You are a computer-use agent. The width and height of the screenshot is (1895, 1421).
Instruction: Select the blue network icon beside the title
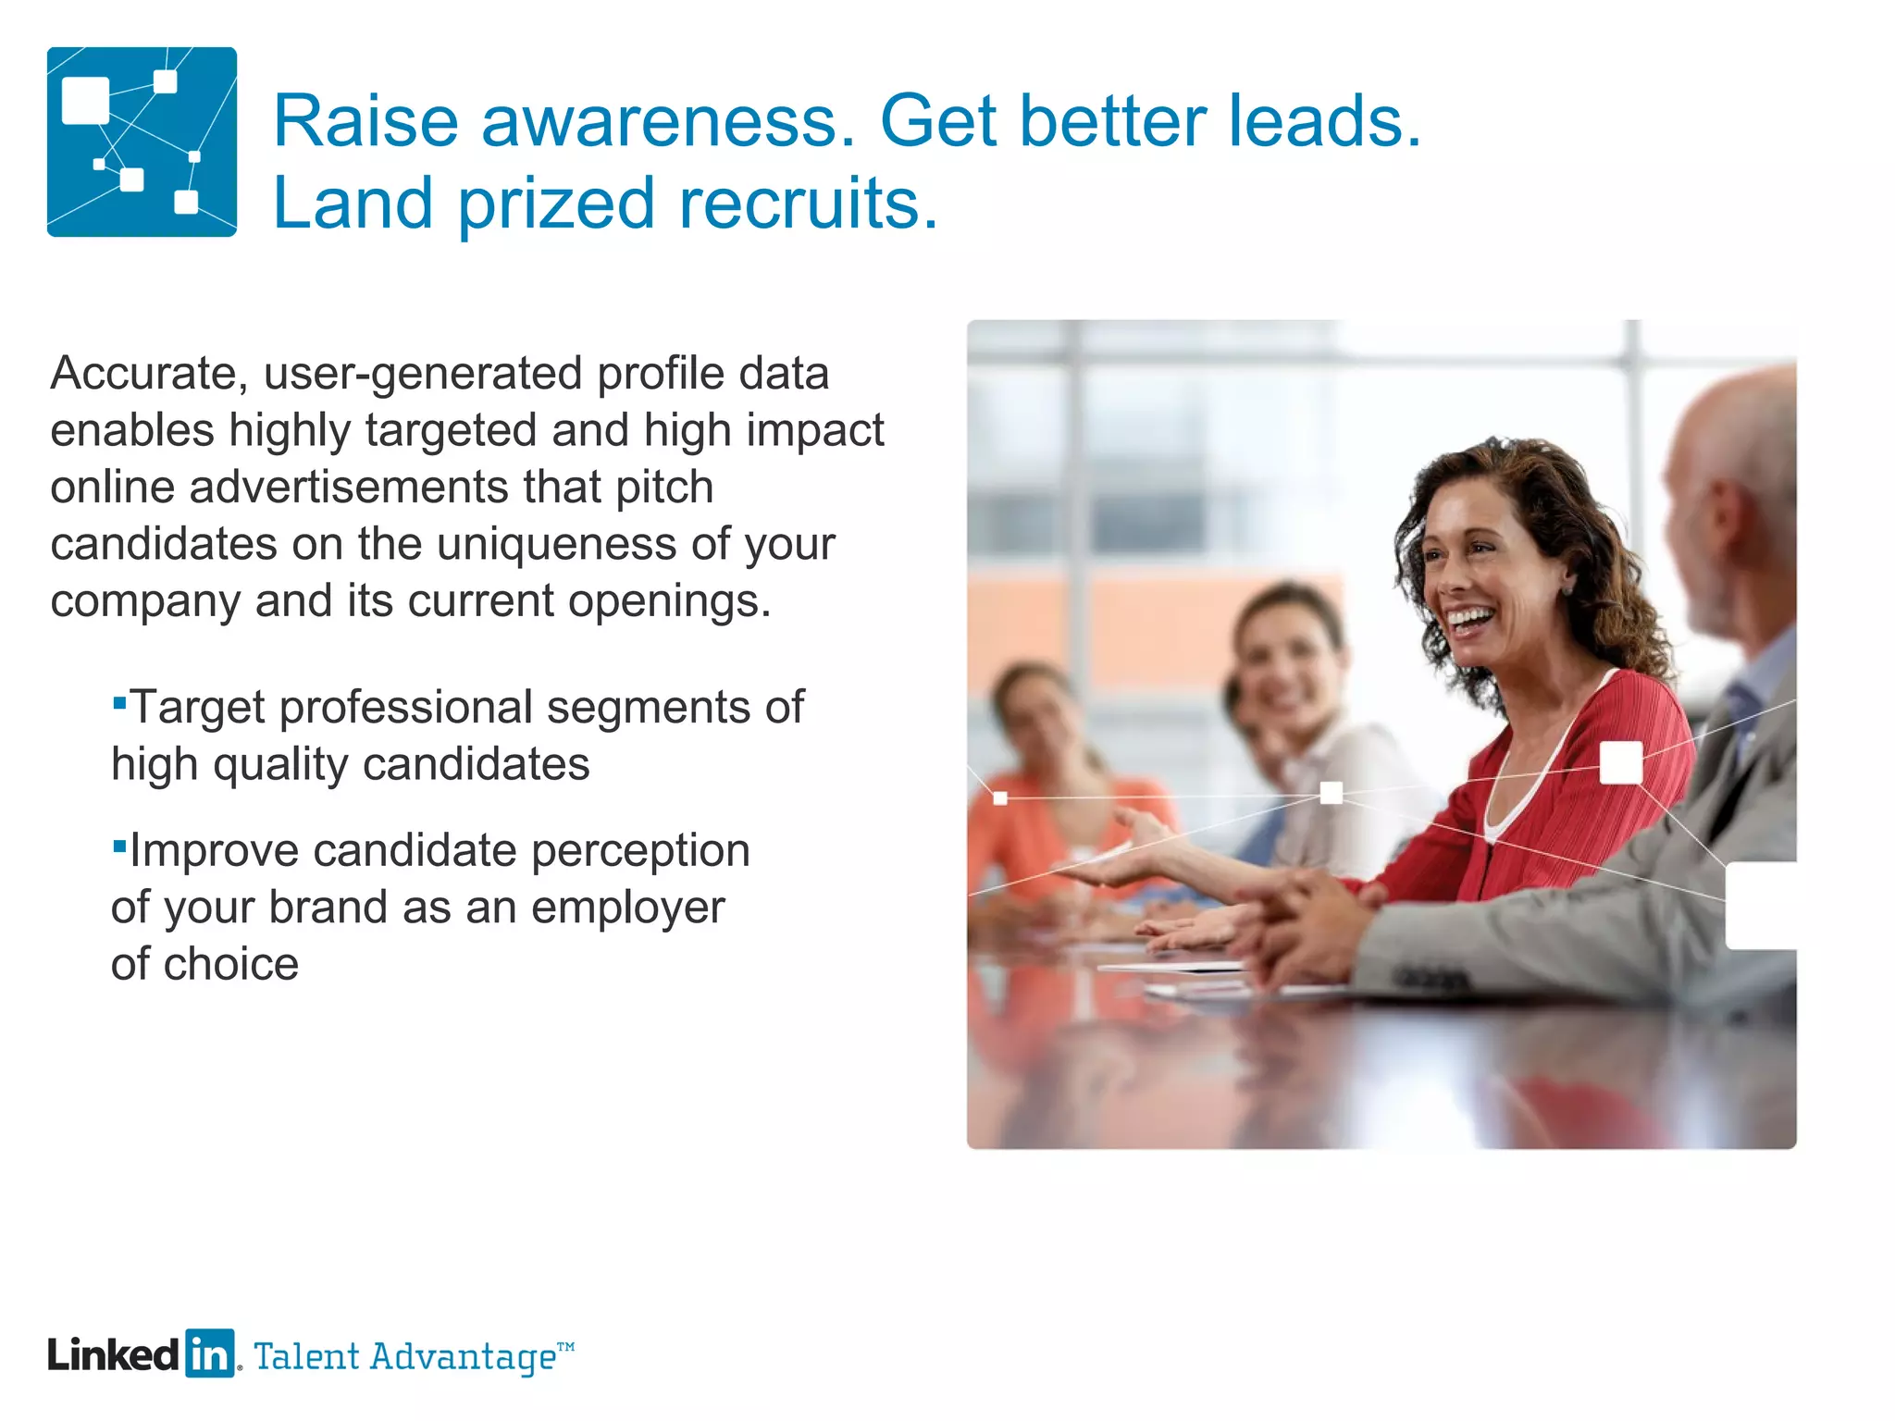coord(142,142)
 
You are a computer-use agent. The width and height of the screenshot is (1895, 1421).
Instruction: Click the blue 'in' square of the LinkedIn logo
coord(210,1354)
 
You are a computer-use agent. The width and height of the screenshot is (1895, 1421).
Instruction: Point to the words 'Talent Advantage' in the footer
coord(405,1357)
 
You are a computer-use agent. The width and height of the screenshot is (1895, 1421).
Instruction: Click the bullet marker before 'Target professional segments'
coord(118,703)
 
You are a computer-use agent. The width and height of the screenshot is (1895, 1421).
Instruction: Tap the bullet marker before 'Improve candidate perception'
coord(118,846)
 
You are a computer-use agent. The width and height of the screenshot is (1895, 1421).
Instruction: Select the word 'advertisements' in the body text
coord(349,488)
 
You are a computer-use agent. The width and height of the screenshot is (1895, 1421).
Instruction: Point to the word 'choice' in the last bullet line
coord(231,965)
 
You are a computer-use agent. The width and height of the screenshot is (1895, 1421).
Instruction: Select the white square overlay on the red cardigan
coord(1620,762)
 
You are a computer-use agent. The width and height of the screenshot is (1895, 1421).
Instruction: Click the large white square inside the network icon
coord(85,101)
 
